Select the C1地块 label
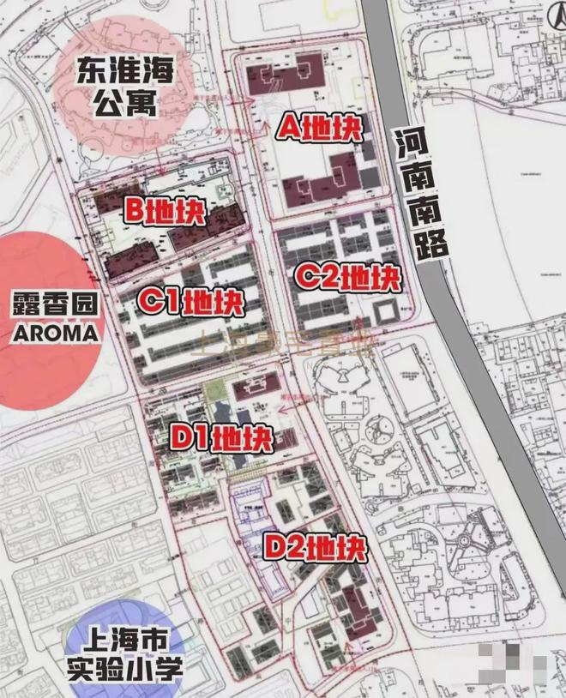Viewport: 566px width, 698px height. pyautogui.click(x=192, y=302)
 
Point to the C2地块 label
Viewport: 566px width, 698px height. pyautogui.click(x=347, y=278)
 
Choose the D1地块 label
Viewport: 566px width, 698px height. pyautogui.click(x=222, y=439)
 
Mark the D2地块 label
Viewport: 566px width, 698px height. pyautogui.click(x=315, y=546)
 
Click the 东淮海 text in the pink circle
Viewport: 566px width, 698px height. pyautogui.click(x=123, y=70)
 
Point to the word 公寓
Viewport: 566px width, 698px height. pyautogui.click(x=123, y=104)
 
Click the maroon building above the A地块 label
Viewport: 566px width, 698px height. pyautogui.click(x=284, y=75)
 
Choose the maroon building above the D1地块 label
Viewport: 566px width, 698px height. pyautogui.click(x=261, y=388)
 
